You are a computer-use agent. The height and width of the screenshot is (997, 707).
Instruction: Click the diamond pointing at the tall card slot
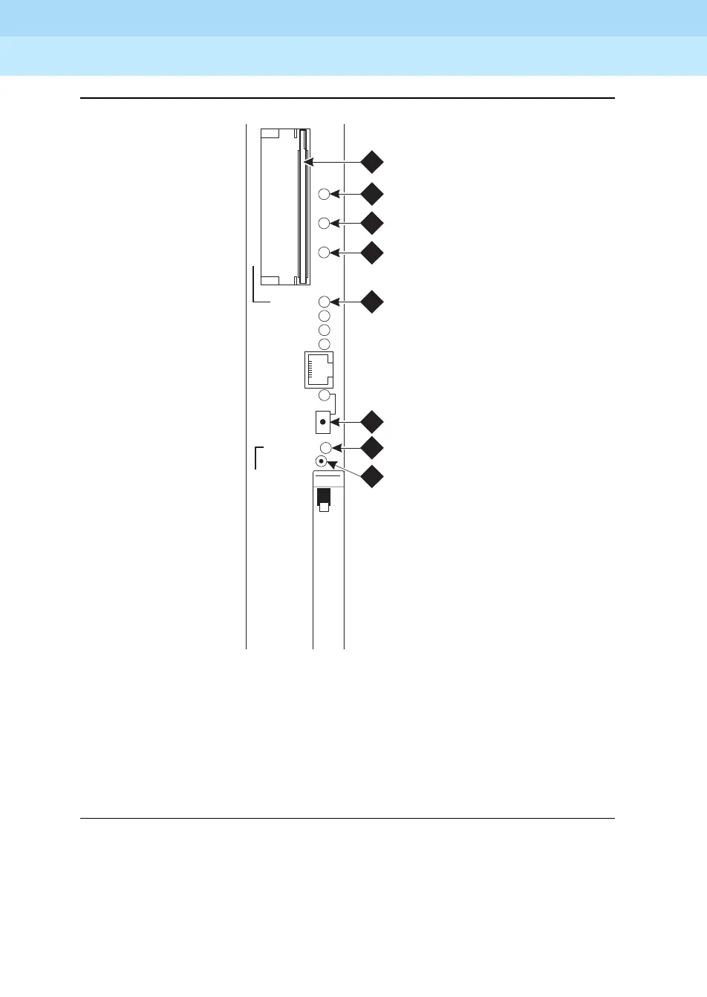(x=371, y=161)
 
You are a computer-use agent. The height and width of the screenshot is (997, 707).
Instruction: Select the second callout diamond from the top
(x=371, y=194)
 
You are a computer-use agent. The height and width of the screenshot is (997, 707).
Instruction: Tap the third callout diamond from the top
(x=371, y=223)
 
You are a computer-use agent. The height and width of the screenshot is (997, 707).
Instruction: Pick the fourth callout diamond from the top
(x=371, y=253)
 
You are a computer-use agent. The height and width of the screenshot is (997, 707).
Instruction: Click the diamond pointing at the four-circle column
(x=371, y=302)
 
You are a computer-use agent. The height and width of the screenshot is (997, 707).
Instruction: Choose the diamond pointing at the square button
(x=371, y=422)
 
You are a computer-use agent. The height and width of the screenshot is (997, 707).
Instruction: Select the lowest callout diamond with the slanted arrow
(x=371, y=476)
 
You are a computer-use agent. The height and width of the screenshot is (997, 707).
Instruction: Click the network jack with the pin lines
(x=319, y=369)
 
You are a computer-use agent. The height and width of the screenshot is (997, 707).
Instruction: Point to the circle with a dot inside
(x=322, y=461)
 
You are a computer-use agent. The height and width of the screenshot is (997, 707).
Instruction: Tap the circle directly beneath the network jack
(x=324, y=395)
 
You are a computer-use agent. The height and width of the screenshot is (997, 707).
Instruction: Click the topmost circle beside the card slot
(x=324, y=195)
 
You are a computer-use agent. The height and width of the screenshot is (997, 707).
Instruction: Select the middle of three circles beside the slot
(x=324, y=223)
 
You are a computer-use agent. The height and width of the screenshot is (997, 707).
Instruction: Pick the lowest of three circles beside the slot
(x=324, y=253)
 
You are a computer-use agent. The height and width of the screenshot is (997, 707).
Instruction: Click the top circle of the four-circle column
(x=324, y=302)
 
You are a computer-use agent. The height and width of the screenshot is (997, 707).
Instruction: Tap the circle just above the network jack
(x=324, y=343)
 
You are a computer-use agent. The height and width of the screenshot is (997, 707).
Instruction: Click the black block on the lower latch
(x=323, y=496)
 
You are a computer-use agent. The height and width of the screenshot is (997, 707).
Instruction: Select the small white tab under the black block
(x=323, y=508)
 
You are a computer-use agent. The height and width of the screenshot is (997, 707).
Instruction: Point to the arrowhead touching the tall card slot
(x=308, y=161)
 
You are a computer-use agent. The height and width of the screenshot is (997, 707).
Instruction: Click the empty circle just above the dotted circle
(x=325, y=447)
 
